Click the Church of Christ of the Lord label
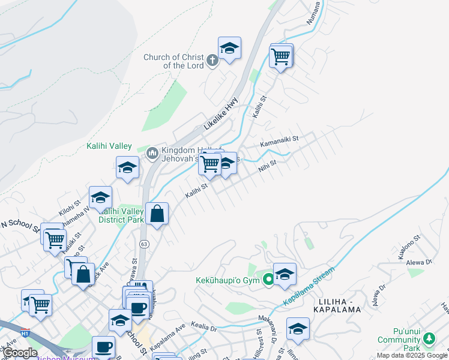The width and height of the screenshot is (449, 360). click(x=173, y=61)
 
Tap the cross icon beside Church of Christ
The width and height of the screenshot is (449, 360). click(x=212, y=60)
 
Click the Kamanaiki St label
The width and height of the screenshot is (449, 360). click(x=279, y=141)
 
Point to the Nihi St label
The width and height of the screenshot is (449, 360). click(x=267, y=165)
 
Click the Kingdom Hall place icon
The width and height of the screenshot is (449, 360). click(x=151, y=154)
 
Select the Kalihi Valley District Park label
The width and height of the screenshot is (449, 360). click(x=122, y=215)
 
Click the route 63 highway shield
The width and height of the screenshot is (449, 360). click(x=143, y=244)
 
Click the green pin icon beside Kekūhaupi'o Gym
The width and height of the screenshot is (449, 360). click(x=268, y=278)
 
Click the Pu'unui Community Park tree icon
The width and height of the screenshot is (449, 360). click(x=429, y=339)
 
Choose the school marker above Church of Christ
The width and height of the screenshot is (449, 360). click(x=229, y=47)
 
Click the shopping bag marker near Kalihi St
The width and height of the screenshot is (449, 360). click(x=157, y=214)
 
